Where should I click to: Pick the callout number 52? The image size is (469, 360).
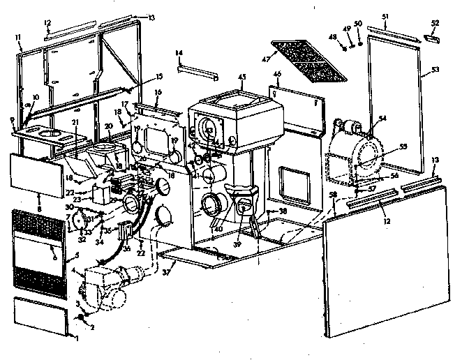[435, 23]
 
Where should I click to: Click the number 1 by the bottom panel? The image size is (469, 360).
[77, 338]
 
